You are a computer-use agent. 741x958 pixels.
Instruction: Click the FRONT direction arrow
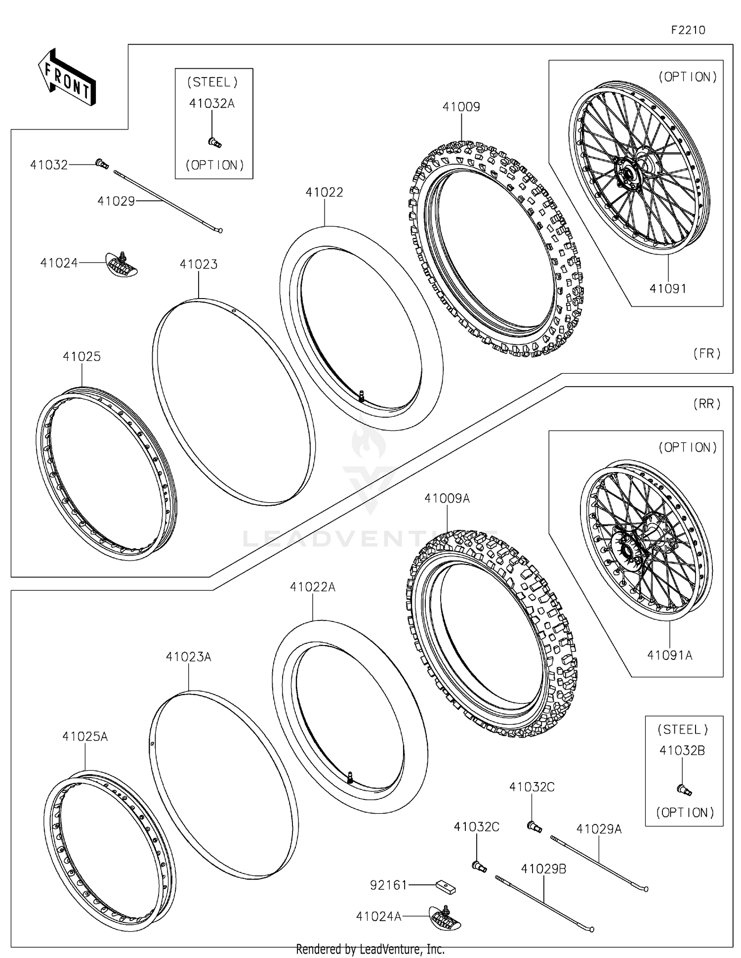coord(67,78)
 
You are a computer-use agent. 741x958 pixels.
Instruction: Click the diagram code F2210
coord(688,30)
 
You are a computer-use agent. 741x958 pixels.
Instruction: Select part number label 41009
coord(461,107)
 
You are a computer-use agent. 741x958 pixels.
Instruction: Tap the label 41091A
coord(669,655)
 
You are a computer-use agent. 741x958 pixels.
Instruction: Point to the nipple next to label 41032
coord(102,163)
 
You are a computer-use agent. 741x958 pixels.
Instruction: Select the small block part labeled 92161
coord(445,888)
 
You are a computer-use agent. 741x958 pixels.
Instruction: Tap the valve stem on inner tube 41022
coord(362,395)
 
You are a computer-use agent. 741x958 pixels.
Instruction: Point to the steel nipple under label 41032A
coord(214,142)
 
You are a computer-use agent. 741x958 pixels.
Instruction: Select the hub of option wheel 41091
coord(629,174)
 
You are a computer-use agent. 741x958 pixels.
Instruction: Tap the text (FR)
coord(707,353)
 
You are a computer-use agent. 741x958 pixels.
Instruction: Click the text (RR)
coord(707,404)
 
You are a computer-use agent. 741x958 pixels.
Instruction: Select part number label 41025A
coord(85,737)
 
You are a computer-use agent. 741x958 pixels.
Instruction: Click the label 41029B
coord(543,869)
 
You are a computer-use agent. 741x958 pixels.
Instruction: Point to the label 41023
coord(199,264)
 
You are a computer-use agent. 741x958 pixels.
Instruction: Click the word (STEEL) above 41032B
coord(683,730)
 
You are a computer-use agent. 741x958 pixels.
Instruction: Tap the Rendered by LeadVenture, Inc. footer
coord(370,949)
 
